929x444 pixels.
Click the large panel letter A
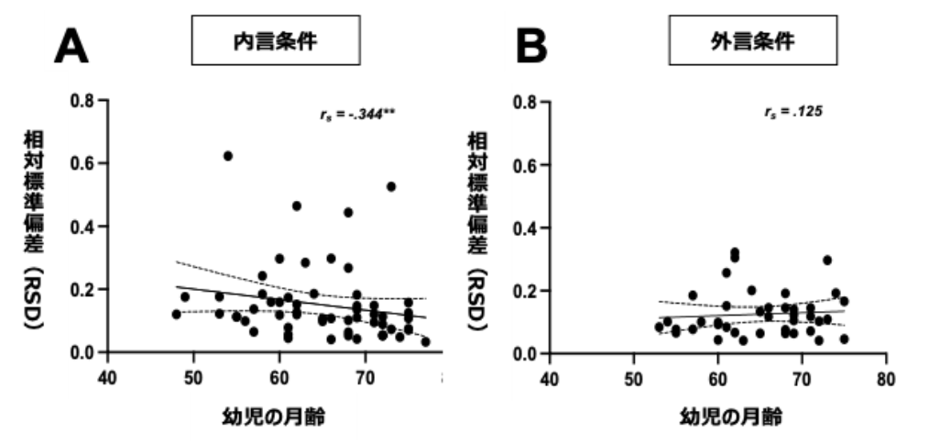coord(71,46)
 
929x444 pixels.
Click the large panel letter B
coord(532,46)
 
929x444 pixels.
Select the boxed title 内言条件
coord(276,40)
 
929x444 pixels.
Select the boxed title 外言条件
coord(753,40)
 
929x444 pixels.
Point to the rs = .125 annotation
coord(792,111)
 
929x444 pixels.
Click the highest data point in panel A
coord(227,156)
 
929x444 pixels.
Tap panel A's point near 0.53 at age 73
coord(391,186)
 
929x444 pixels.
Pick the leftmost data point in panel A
coord(176,314)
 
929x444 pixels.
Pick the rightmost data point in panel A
coord(425,342)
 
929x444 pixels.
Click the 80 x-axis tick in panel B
coord(886,379)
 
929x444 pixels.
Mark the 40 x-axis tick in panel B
coord(550,379)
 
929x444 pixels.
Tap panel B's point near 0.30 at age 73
coord(827,260)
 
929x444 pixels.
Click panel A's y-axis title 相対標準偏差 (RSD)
coord(34,230)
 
